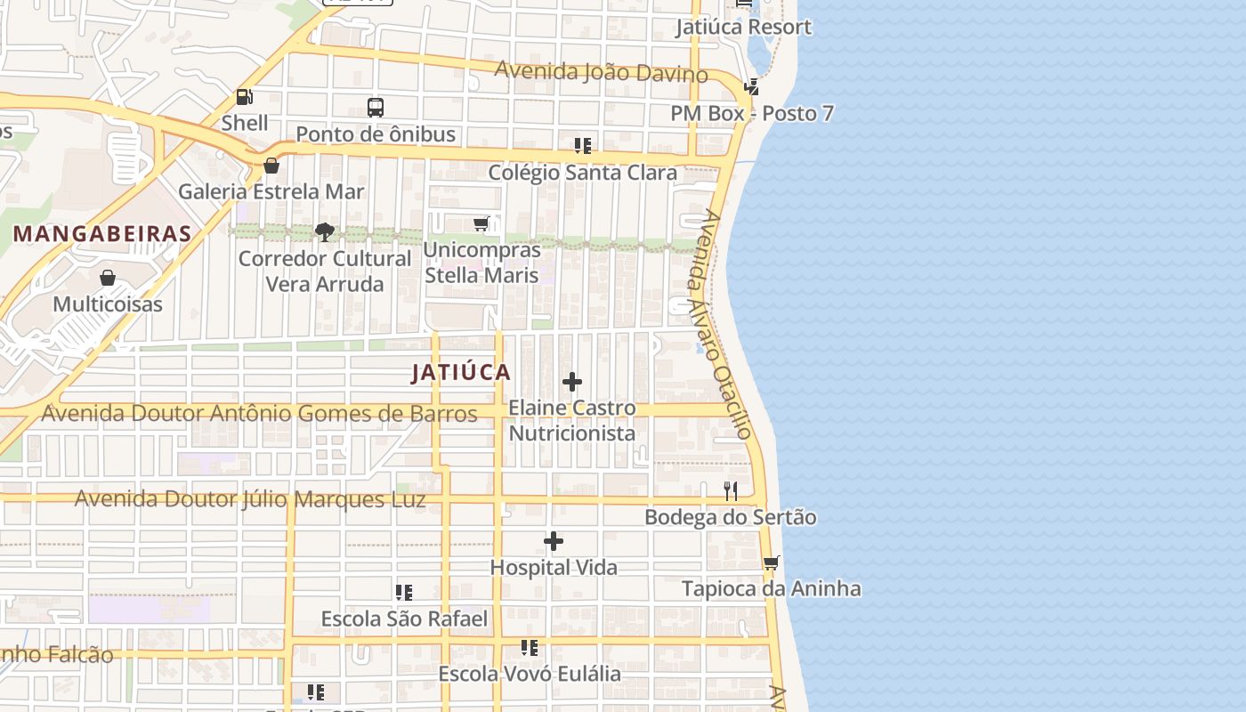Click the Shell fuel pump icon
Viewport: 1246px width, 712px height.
click(x=244, y=96)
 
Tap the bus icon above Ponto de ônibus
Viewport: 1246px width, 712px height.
click(x=376, y=108)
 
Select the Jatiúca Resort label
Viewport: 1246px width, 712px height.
click(x=743, y=27)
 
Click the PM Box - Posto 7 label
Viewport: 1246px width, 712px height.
click(x=752, y=113)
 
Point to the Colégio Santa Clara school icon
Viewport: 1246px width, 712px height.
click(x=582, y=145)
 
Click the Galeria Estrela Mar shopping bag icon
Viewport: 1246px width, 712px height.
click(x=271, y=166)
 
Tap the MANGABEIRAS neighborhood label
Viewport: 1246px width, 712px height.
click(x=103, y=234)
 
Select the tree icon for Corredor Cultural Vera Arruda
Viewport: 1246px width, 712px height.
click(x=325, y=232)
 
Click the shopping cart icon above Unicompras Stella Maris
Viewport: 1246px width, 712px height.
click(x=481, y=223)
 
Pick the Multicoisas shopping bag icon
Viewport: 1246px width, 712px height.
click(x=108, y=278)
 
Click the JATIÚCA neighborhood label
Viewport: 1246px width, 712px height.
click(x=461, y=373)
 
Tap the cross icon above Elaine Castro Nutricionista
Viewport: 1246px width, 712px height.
click(x=572, y=383)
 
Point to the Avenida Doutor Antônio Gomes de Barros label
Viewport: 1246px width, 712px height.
click(x=259, y=414)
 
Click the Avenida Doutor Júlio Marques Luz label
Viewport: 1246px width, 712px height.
click(x=250, y=498)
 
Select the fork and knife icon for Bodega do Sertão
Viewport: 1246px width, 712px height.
click(x=731, y=490)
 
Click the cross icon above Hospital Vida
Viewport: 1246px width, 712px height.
click(x=554, y=541)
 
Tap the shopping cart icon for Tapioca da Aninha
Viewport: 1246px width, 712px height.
click(x=771, y=562)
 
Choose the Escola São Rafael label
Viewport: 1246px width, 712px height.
click(x=404, y=619)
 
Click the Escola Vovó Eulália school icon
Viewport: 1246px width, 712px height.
click(x=530, y=648)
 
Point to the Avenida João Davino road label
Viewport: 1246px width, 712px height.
click(x=602, y=71)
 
